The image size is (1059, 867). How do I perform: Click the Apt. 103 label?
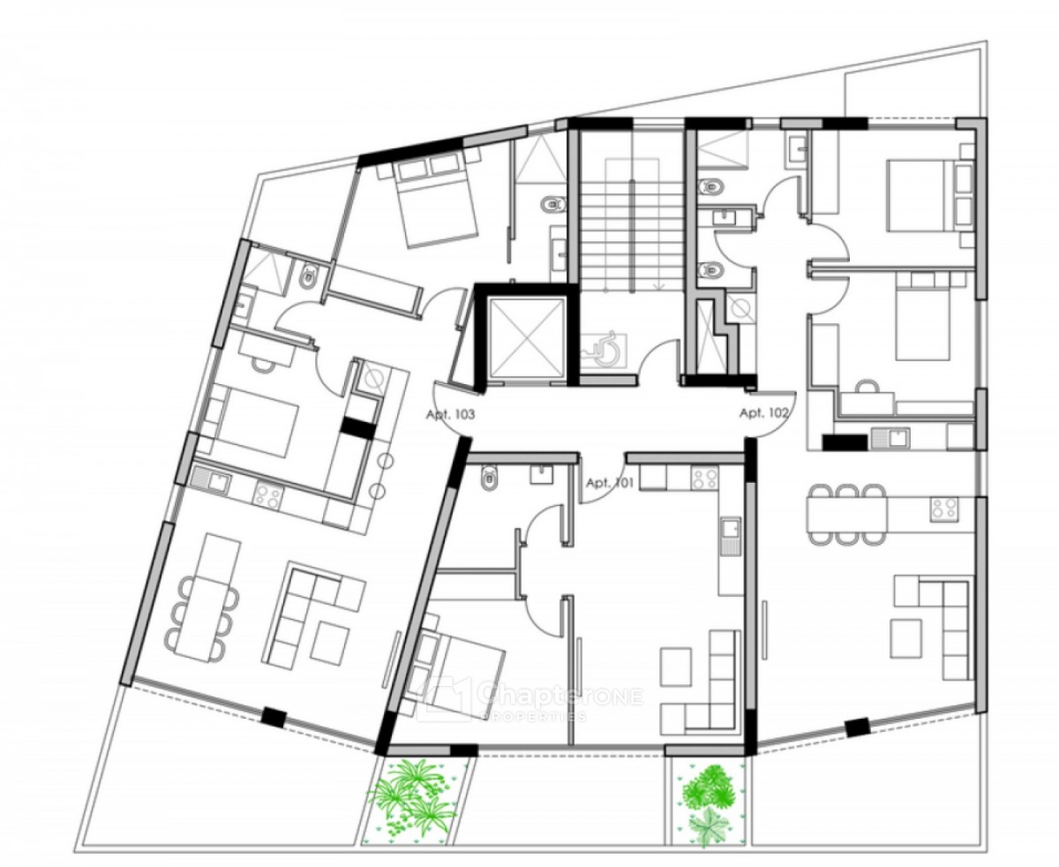450,415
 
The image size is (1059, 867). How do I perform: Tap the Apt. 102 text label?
763,413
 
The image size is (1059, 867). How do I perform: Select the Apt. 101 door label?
610,483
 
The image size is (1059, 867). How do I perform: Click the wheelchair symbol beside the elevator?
603,351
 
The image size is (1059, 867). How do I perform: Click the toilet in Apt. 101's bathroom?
489,478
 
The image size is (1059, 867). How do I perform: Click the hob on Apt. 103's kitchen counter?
267,494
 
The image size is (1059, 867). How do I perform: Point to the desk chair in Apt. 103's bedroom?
262,363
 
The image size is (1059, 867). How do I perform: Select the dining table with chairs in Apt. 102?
846,513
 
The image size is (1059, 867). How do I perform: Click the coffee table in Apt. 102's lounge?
905,638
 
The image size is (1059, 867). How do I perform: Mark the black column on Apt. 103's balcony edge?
274,716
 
